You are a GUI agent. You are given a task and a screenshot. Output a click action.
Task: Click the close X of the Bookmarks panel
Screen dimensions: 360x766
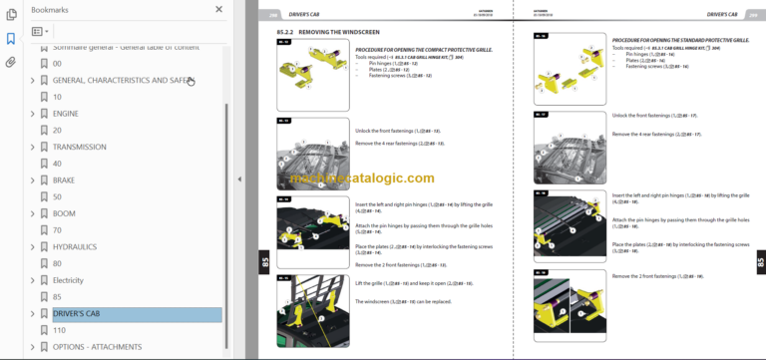tap(219, 10)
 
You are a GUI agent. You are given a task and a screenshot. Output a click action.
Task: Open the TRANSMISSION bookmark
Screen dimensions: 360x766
tap(79, 147)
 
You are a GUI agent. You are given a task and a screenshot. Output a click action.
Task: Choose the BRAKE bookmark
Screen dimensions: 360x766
tap(64, 180)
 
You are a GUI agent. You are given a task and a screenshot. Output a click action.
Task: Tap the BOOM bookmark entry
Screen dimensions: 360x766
tap(64, 213)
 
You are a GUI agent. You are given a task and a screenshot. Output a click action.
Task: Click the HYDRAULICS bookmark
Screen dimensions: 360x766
tap(75, 246)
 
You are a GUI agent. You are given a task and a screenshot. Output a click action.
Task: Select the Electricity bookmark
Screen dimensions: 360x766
tap(68, 280)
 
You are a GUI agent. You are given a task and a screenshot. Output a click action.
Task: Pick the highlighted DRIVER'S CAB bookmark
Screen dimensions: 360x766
tap(77, 314)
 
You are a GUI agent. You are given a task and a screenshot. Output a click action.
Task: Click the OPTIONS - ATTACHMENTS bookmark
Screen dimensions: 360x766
tap(98, 347)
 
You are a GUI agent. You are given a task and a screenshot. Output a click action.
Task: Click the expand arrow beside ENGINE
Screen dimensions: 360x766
tap(33, 114)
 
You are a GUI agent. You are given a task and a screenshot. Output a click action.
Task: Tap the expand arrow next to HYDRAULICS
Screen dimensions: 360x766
tap(33, 246)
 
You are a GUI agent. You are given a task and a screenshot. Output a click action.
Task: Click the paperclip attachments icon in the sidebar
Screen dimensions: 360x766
tap(11, 62)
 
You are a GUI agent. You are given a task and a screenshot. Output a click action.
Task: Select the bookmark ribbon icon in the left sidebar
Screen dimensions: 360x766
tap(11, 39)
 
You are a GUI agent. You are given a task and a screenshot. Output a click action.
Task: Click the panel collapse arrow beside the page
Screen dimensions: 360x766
tap(238, 180)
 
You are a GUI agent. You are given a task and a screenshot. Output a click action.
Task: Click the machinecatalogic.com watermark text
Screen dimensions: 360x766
tap(363, 179)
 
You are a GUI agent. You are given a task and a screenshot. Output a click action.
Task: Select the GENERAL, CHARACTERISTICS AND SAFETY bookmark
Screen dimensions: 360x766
tap(121, 80)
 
